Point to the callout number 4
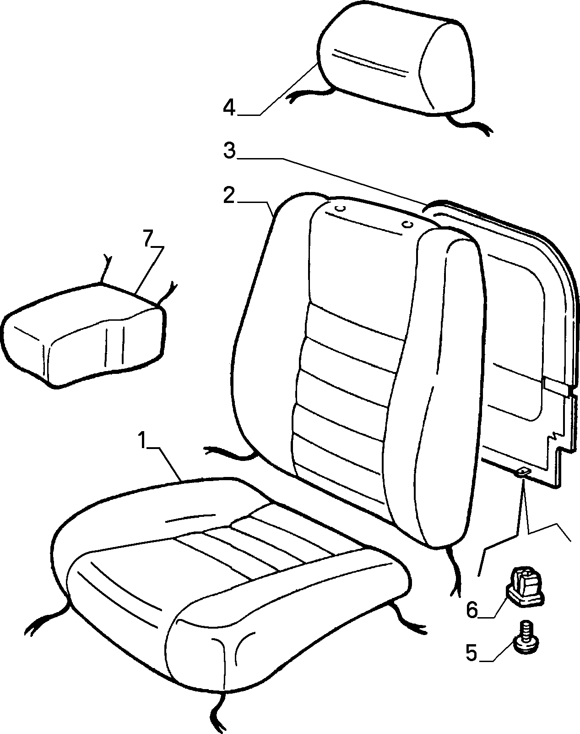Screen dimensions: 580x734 (230, 107)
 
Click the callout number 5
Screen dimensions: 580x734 (472, 644)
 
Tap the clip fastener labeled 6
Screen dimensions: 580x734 (525, 586)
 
